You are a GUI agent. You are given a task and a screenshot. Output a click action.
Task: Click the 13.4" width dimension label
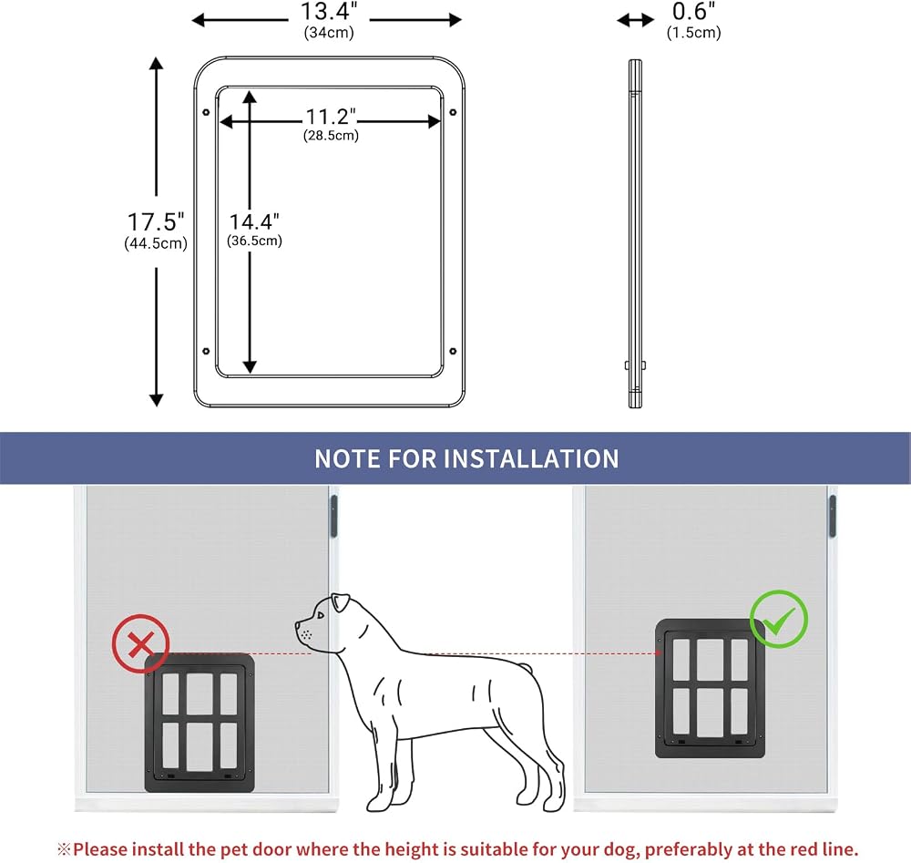[x=328, y=12]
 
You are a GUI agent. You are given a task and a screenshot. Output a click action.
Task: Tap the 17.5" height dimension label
[x=156, y=222]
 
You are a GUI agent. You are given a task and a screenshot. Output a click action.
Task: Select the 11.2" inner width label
[x=331, y=117]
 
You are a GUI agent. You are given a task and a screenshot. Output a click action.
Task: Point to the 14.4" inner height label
[x=254, y=222]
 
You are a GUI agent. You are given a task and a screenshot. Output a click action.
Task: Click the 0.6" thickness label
[x=693, y=12]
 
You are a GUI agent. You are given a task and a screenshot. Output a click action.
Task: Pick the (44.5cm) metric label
[x=156, y=243]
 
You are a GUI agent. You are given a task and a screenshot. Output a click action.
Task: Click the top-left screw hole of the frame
[x=206, y=112]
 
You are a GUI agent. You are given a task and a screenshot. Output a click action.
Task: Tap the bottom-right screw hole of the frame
[x=453, y=351]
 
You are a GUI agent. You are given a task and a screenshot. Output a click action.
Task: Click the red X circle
[x=140, y=644]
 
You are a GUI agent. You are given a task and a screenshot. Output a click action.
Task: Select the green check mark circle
[x=779, y=619]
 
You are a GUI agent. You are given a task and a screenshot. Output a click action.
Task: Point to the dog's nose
[x=298, y=626]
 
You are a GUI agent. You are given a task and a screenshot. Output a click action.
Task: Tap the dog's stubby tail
[x=525, y=670]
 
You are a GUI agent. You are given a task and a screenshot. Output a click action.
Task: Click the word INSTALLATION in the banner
[x=531, y=459]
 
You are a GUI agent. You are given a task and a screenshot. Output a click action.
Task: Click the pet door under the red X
[x=200, y=723]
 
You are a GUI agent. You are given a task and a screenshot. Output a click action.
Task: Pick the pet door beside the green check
[x=710, y=689]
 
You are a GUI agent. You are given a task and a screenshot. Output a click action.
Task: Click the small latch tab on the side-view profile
[x=635, y=365]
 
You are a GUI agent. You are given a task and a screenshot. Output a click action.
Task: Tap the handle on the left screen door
[x=333, y=516]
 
